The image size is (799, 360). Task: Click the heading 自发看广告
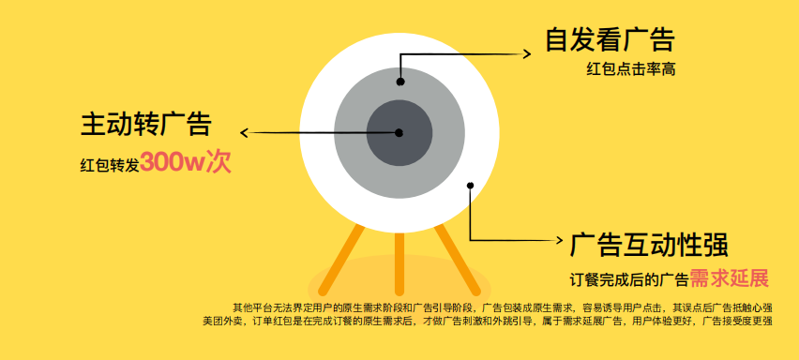coord(610,40)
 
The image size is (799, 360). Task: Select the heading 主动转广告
coord(146,125)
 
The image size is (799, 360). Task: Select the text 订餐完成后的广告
coord(629,279)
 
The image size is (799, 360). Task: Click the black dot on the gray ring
coord(400,82)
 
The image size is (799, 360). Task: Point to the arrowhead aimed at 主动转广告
coord(247,132)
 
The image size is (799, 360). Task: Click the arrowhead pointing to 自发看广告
coord(527,52)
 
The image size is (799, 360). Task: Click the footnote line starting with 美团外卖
coord(488,322)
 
